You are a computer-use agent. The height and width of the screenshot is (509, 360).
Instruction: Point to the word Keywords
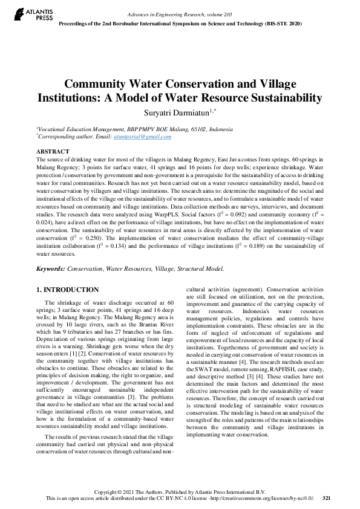tap(50, 268)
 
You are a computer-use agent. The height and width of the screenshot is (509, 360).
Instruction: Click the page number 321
tap(326, 498)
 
